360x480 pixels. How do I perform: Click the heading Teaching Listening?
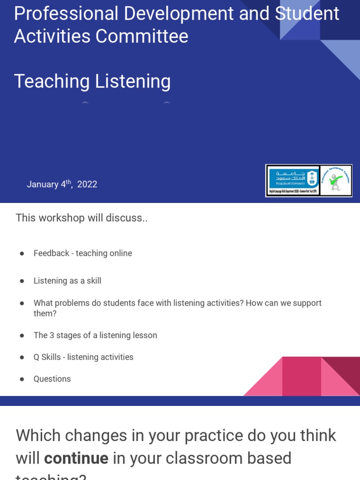click(92, 82)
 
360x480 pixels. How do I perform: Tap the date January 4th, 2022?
click(62, 184)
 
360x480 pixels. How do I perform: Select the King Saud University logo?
click(293, 180)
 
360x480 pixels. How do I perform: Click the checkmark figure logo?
click(336, 180)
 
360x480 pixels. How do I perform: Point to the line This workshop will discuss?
click(82, 218)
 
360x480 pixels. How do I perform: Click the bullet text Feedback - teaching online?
click(82, 254)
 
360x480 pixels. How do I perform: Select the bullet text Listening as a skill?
click(67, 281)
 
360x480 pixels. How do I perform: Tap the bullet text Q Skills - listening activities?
click(83, 357)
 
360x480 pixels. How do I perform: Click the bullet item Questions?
click(52, 379)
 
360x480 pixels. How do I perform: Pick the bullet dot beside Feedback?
click(22, 254)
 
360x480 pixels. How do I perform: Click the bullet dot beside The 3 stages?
click(22, 336)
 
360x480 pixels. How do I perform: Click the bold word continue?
click(76, 458)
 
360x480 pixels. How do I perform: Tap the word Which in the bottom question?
click(38, 436)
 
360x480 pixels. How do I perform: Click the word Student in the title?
click(307, 14)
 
